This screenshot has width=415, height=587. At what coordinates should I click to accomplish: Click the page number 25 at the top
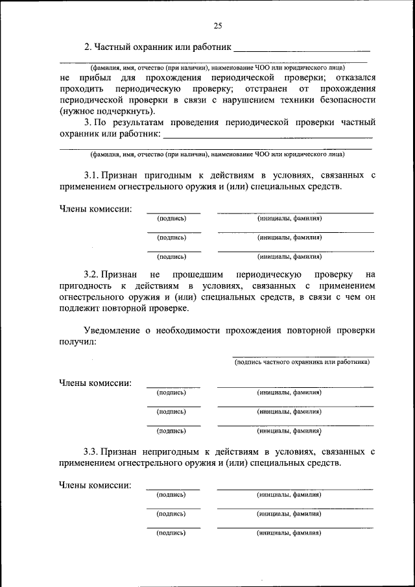click(217, 25)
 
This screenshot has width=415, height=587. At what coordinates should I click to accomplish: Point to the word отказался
click(351, 77)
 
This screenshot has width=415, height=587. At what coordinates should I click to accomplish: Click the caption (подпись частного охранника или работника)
click(302, 362)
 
